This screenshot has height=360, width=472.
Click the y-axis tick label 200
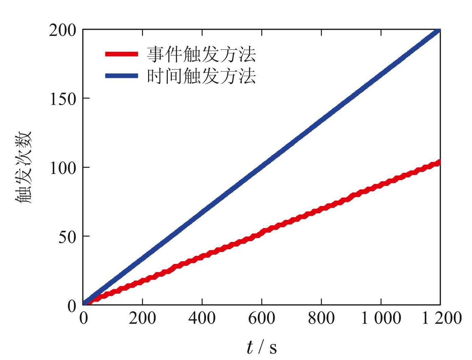point(63,31)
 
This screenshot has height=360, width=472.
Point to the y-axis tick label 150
point(63,99)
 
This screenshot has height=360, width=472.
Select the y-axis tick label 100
point(63,168)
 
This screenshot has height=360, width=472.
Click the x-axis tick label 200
point(142,318)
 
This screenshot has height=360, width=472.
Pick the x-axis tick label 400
point(202,318)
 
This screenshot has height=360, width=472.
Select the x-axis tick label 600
point(262,318)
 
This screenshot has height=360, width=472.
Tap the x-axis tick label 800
point(321,318)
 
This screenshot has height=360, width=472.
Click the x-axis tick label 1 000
point(381,318)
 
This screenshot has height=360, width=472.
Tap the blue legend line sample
point(121,76)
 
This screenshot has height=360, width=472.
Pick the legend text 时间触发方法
point(201,76)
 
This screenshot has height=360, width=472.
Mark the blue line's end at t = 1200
point(439,31)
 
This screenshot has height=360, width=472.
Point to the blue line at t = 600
point(262,167)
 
